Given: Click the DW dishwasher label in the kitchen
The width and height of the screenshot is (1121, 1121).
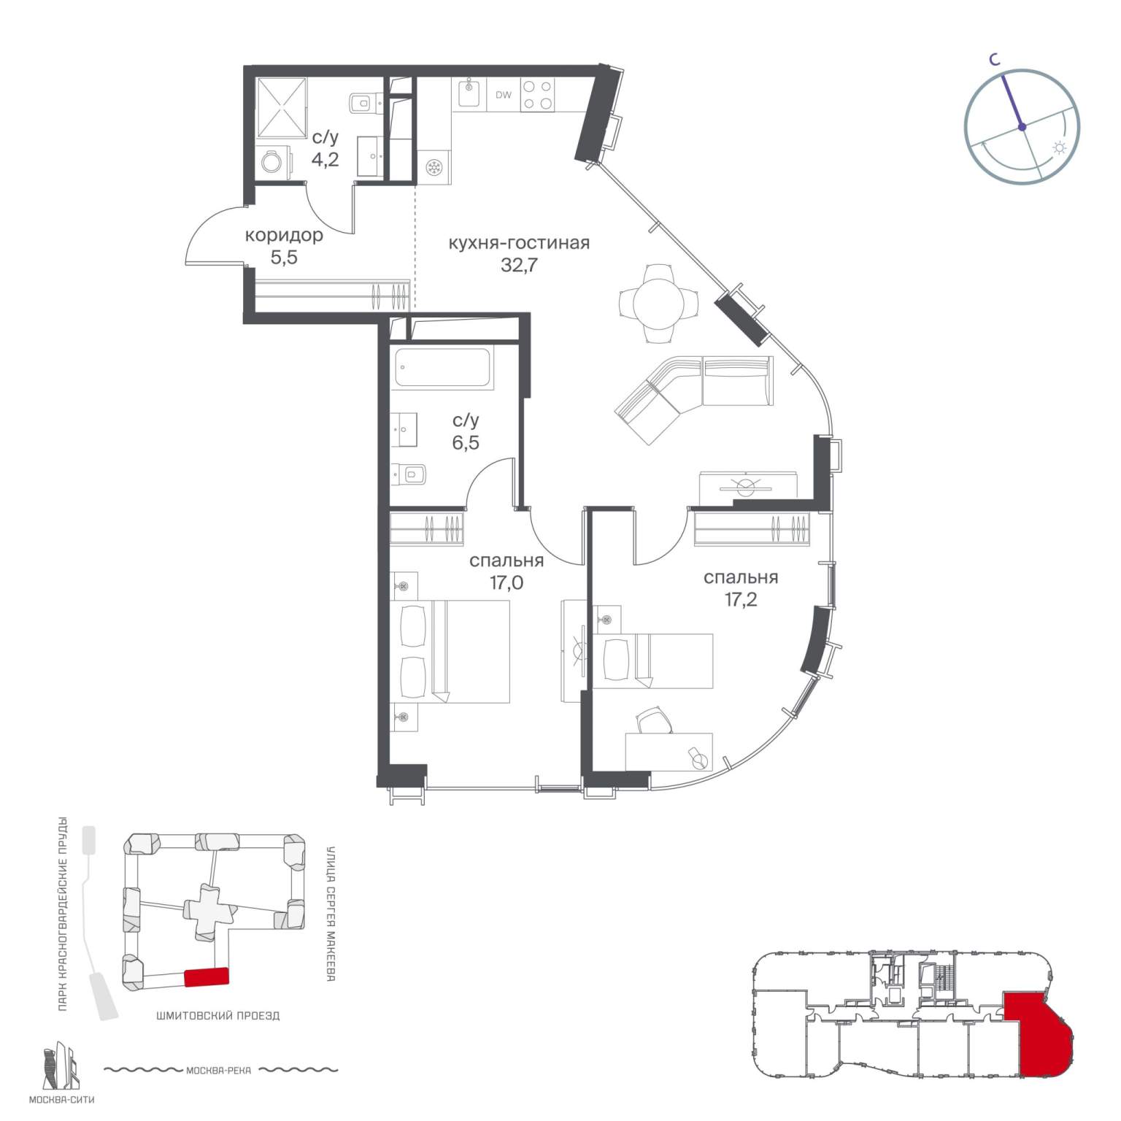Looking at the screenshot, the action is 504,95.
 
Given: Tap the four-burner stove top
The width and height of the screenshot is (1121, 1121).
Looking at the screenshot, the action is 537,95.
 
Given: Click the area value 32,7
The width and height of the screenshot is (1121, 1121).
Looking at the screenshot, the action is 519,265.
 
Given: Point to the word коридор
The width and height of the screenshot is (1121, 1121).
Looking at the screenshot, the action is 284,236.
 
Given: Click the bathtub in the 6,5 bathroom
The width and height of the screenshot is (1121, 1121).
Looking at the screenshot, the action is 443,367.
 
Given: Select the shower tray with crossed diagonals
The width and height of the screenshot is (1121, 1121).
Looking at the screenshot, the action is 282,107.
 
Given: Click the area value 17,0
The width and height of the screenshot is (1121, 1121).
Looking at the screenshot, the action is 507,583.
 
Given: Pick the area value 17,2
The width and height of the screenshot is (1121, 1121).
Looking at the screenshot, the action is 741,600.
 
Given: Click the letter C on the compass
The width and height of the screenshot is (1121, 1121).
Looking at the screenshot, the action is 994,61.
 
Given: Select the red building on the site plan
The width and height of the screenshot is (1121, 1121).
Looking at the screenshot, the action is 207,976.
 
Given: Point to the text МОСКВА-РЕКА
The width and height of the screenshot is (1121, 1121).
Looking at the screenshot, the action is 218,1071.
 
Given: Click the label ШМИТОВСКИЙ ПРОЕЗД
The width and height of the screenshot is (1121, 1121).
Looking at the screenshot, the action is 217,1015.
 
